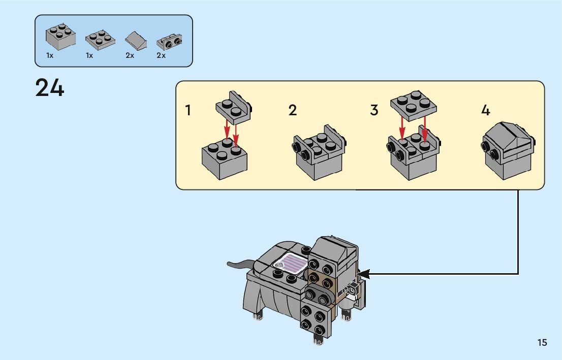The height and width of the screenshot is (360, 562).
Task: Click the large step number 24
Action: click(50, 88)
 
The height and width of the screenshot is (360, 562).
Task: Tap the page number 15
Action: click(542, 343)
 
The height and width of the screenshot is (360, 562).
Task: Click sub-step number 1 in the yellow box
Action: click(189, 110)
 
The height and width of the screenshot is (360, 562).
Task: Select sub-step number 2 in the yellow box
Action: click(292, 110)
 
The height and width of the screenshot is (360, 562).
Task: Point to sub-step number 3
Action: click(374, 110)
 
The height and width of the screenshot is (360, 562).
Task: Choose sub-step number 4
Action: click(486, 110)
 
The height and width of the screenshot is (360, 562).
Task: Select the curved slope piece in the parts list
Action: click(136, 39)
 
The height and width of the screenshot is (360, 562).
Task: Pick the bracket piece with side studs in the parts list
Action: click(171, 40)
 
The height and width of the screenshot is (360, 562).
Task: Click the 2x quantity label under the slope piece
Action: click(130, 55)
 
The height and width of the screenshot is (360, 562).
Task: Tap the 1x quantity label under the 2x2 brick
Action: click(50, 55)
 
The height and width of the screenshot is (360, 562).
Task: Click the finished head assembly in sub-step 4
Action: click(508, 149)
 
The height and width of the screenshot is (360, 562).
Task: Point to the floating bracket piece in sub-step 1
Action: click(234, 107)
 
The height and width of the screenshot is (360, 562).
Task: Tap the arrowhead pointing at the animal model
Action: click(364, 274)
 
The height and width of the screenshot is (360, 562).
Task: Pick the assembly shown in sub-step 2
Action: click(320, 154)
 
